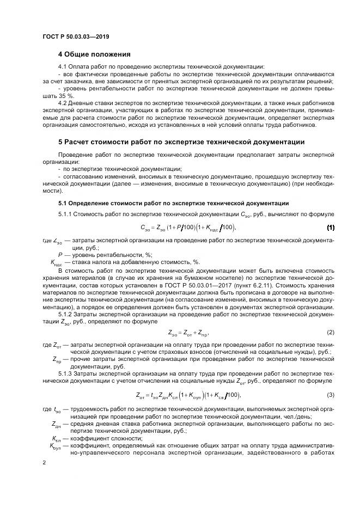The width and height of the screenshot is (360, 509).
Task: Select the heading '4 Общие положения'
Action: pyautogui.click(x=94, y=54)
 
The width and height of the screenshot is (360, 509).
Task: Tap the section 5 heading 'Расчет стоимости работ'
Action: pyautogui.click(x=181, y=142)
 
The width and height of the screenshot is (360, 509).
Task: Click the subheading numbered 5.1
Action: pyautogui.click(x=173, y=203)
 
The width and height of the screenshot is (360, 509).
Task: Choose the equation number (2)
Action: pyautogui.click(x=330, y=332)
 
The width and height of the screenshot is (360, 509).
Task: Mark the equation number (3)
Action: pyautogui.click(x=330, y=395)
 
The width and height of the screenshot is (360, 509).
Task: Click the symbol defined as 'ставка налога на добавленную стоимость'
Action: pyautogui.click(x=56, y=262)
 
